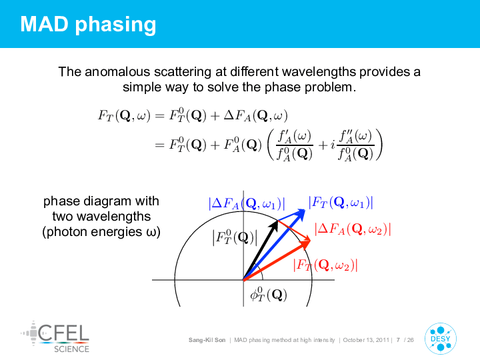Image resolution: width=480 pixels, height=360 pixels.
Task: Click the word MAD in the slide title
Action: click(45, 24)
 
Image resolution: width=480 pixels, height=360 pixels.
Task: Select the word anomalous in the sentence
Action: click(117, 72)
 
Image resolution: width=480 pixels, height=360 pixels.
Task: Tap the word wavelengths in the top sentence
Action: click(319, 72)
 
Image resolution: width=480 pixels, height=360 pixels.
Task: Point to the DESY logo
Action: click(441, 339)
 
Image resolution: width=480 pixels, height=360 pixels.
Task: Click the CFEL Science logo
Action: click(55, 337)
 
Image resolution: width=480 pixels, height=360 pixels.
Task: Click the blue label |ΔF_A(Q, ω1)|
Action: click(247, 203)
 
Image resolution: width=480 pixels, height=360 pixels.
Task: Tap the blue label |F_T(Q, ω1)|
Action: click(341, 203)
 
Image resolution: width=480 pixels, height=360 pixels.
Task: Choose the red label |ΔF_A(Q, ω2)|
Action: click(353, 229)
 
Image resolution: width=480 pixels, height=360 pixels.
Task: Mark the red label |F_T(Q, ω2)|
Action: click(325, 265)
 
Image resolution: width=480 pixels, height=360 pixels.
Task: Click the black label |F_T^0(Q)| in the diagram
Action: click(235, 237)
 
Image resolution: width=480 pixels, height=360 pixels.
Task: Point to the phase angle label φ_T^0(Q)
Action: click(269, 294)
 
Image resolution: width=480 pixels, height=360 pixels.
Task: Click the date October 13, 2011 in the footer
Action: click(366, 340)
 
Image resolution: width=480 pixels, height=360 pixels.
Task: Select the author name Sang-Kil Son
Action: click(207, 340)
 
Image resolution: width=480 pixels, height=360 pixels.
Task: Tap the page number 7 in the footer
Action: click(398, 340)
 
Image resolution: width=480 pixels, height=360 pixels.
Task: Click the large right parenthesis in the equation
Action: click(379, 145)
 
